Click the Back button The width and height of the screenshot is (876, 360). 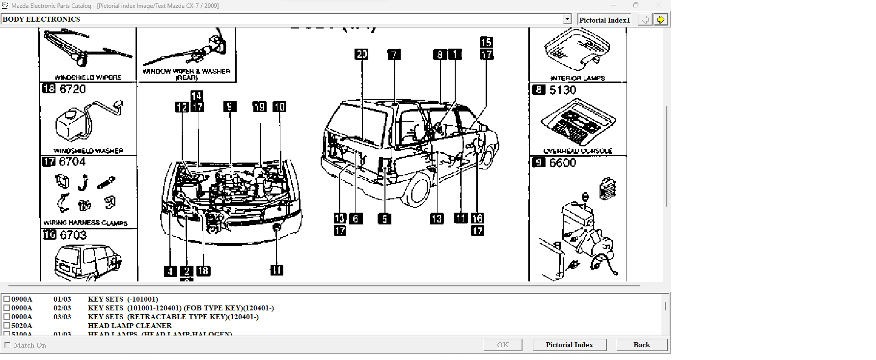[641, 345]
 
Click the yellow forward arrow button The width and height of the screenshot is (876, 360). [660, 20]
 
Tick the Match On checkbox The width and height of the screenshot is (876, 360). [7, 345]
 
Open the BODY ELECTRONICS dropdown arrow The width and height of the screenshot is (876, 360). [567, 19]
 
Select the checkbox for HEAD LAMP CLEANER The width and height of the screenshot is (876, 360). [7, 326]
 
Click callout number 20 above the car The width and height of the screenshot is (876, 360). [361, 54]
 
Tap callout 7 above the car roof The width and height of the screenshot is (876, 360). [394, 55]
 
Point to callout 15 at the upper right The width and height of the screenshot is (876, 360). [486, 42]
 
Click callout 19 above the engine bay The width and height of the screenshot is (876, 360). [259, 107]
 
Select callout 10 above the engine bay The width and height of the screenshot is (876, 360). [279, 107]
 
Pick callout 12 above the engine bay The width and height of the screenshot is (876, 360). [182, 107]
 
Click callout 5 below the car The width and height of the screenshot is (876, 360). [384, 219]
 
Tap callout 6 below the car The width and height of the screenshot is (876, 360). [356, 219]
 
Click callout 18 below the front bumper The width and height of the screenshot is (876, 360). [203, 271]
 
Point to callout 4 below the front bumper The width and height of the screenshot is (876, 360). [170, 271]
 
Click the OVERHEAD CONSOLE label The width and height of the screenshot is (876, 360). [577, 151]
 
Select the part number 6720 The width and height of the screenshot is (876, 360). [73, 89]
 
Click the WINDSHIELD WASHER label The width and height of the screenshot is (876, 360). [88, 151]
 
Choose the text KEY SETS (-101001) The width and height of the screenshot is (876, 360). [123, 299]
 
